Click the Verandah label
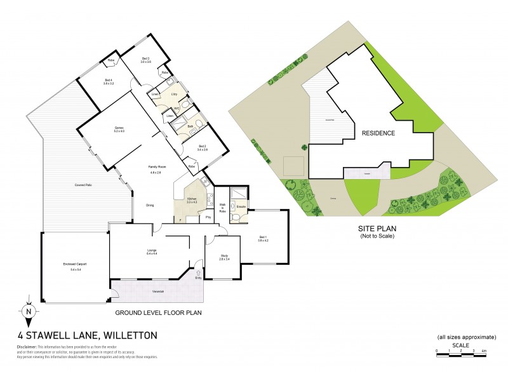coord(159,292)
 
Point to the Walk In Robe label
coord(222,206)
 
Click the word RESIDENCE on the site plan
coord(378,133)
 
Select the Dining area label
coord(150,205)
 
